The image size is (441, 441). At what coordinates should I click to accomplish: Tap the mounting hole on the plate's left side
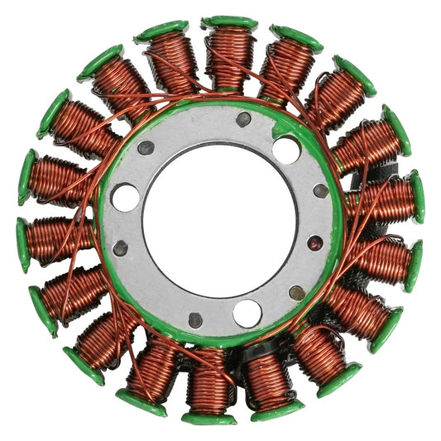[x=126, y=197]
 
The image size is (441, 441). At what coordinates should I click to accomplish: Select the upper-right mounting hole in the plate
[x=286, y=150]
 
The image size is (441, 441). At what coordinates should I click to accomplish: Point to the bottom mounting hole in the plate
[x=247, y=313]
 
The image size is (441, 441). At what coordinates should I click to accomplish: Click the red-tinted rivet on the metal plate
[x=315, y=243]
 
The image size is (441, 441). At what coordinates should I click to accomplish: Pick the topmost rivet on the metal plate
[x=243, y=119]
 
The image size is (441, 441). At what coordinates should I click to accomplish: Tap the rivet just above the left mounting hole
[x=146, y=148]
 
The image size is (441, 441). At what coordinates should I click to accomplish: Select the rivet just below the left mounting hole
[x=122, y=247]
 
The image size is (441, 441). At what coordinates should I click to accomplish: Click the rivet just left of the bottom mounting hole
[x=195, y=319]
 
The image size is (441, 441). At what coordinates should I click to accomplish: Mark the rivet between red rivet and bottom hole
[x=296, y=292]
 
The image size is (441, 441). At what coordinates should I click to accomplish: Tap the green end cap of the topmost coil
[x=229, y=22]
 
